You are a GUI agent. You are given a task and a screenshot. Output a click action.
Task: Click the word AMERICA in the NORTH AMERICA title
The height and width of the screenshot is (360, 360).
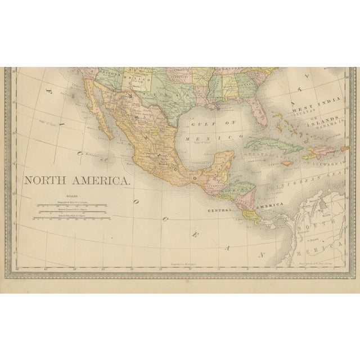coord(101,181)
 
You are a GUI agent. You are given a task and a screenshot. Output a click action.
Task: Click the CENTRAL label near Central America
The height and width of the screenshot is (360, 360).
coord(220,210)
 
